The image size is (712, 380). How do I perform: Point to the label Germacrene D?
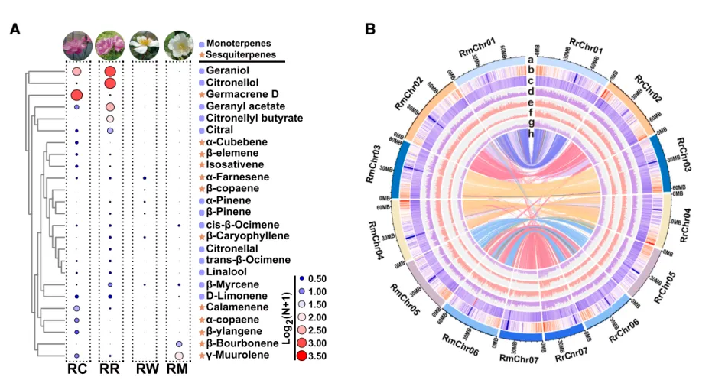pos(239,94)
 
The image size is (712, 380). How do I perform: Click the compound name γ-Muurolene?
pos(239,356)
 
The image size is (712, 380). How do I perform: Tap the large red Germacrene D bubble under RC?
pos(76,95)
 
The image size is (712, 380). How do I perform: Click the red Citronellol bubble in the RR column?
pos(110,83)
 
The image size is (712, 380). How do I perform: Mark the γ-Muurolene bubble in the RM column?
pos(178,356)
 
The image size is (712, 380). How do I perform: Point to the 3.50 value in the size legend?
pos(317,356)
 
